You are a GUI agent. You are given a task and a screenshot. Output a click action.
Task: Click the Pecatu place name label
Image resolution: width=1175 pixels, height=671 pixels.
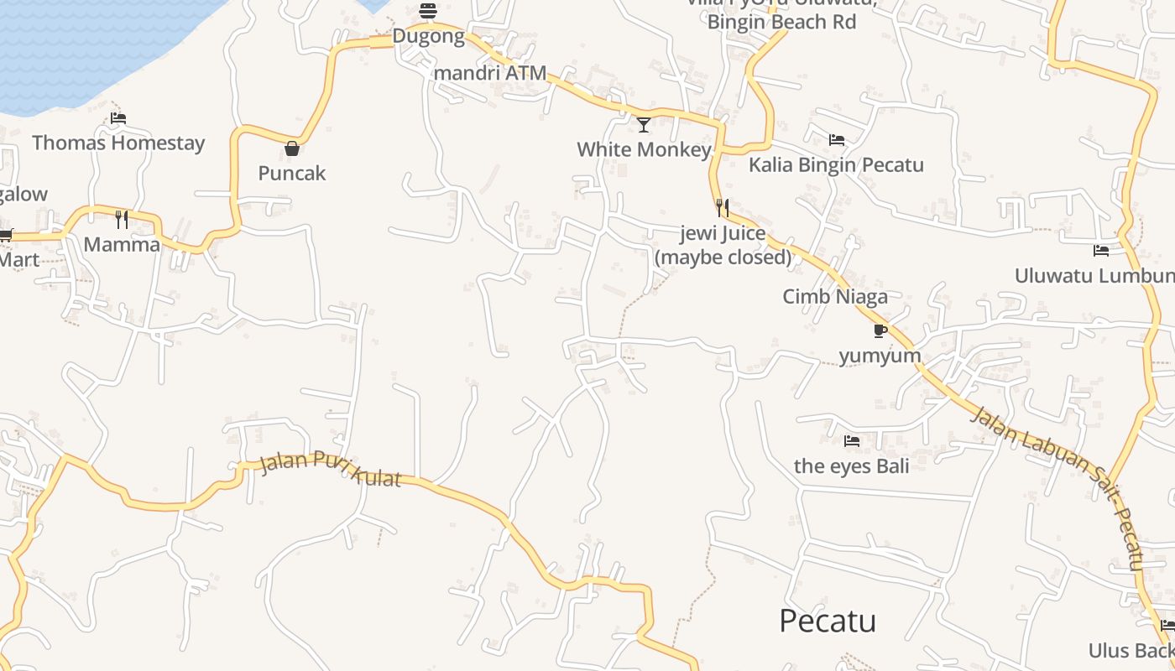[828, 622]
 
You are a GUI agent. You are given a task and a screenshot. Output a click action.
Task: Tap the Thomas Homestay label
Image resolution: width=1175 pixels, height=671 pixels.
[118, 143]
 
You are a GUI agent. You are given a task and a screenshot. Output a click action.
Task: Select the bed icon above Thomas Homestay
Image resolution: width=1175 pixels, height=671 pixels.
[118, 119]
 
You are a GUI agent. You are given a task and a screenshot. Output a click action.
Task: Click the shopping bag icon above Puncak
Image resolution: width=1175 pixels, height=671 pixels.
[292, 149]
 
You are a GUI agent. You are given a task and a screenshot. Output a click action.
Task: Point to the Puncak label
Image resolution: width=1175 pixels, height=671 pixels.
[292, 174]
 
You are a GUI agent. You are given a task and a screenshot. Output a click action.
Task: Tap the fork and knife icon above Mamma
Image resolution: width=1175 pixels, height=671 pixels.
[122, 220]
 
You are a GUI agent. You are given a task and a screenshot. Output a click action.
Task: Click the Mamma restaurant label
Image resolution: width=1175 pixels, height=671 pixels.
[122, 245]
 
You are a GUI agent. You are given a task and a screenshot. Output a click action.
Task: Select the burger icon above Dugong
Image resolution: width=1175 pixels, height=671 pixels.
[428, 11]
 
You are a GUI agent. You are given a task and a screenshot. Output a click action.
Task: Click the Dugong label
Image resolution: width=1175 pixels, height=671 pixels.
[428, 36]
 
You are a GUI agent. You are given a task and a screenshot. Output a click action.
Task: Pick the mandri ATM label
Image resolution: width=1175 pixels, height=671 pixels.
[490, 73]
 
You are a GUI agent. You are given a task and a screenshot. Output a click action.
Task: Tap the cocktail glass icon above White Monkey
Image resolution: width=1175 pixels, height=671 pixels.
[644, 125]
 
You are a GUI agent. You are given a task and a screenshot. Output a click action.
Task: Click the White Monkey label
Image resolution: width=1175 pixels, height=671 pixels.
[644, 150]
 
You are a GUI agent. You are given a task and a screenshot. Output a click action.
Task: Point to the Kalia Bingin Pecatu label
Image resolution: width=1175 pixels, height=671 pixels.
[836, 164]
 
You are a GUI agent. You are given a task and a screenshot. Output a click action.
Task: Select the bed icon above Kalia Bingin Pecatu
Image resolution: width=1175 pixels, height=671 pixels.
[836, 140]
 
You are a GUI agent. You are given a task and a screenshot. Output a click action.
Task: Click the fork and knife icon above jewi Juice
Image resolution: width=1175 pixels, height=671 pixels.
[722, 207]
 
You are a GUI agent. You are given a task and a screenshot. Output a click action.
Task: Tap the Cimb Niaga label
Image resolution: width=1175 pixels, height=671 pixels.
[835, 296]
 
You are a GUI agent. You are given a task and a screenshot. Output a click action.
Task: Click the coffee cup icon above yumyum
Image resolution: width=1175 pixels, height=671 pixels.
[880, 331]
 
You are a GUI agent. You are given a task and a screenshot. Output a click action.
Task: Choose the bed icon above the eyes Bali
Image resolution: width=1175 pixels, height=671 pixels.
[852, 441]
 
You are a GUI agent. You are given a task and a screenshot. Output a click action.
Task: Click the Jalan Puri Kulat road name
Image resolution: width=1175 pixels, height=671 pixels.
[331, 469]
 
